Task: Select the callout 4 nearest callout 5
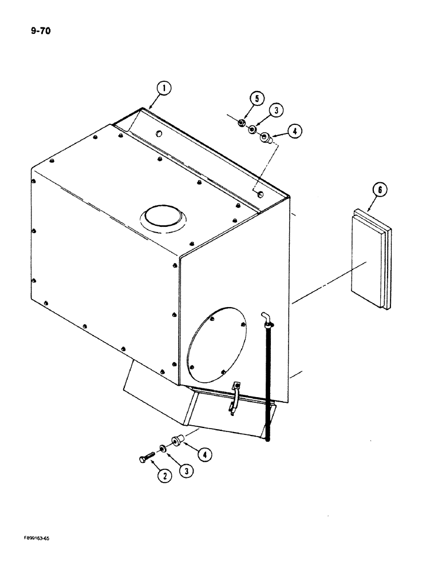pyautogui.click(x=294, y=131)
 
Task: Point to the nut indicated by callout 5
pyautogui.click(x=242, y=123)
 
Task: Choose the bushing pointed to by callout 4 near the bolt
pyautogui.click(x=177, y=442)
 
